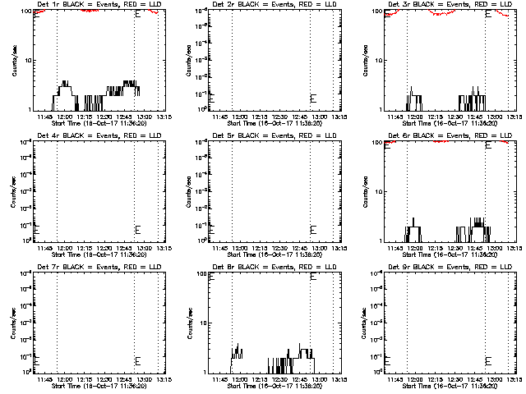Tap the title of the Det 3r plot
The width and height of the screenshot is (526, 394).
click(x=449, y=4)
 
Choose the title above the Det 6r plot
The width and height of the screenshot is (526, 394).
click(x=449, y=135)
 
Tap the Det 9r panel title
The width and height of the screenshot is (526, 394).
click(x=449, y=267)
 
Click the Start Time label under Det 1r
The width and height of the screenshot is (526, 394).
click(x=99, y=123)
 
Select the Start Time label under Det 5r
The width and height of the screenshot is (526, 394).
click(x=275, y=254)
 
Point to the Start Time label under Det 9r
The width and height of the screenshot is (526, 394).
click(x=450, y=386)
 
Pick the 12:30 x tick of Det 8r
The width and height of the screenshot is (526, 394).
click(x=280, y=379)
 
